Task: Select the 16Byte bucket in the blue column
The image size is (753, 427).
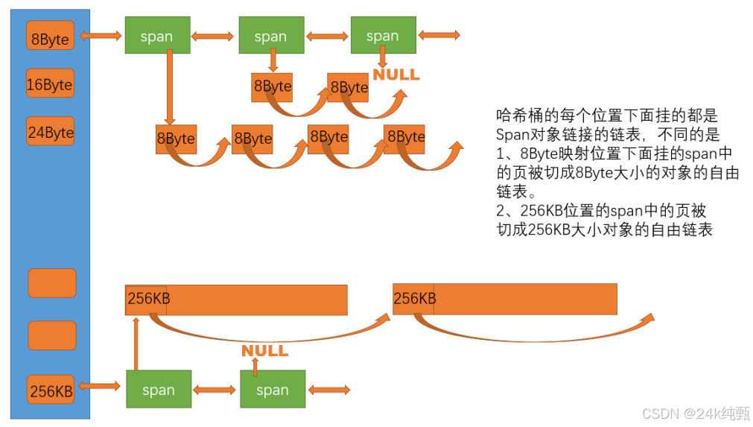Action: pos(51,84)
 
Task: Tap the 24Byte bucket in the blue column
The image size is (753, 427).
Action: pos(51,133)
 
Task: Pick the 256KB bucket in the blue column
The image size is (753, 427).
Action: pos(51,390)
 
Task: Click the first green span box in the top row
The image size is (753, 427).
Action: pos(156,36)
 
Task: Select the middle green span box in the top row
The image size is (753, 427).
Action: pos(270,36)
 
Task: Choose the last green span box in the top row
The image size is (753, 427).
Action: pos(383,35)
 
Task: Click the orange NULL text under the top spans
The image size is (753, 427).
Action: pos(396,75)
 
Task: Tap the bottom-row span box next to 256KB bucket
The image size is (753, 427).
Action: pos(158,389)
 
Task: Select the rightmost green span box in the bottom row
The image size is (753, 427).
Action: pos(272,389)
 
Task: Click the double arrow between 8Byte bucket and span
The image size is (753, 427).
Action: pos(101,35)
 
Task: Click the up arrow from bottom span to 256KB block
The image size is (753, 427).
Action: pos(136,343)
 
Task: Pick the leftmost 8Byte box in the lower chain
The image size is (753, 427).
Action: pos(175,139)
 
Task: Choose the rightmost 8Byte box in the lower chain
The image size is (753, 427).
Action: pos(404,137)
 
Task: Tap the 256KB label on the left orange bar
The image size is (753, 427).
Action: pos(147,298)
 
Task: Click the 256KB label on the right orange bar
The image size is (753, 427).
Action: pos(414,298)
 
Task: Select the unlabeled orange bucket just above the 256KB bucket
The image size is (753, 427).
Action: pos(51,335)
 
